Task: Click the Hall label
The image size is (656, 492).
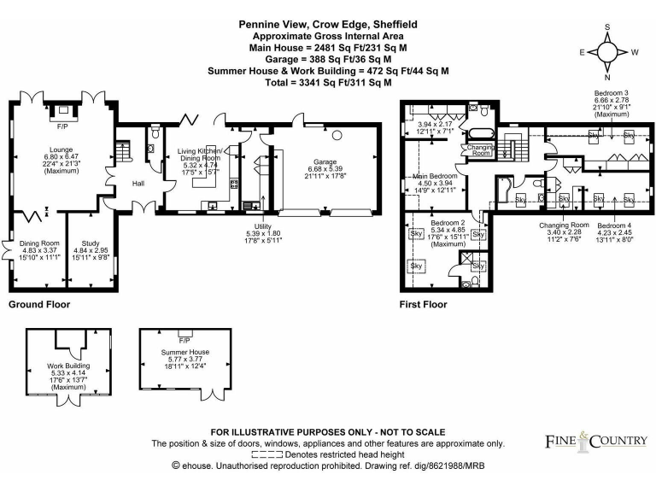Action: [138, 183]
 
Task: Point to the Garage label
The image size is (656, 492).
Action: [326, 161]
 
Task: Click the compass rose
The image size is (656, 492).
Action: [609, 53]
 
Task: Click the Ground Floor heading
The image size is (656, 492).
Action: [39, 304]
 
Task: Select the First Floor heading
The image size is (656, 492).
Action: [423, 304]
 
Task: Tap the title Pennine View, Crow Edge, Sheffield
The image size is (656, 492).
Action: [328, 26]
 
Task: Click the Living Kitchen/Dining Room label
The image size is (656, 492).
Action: [198, 153]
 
